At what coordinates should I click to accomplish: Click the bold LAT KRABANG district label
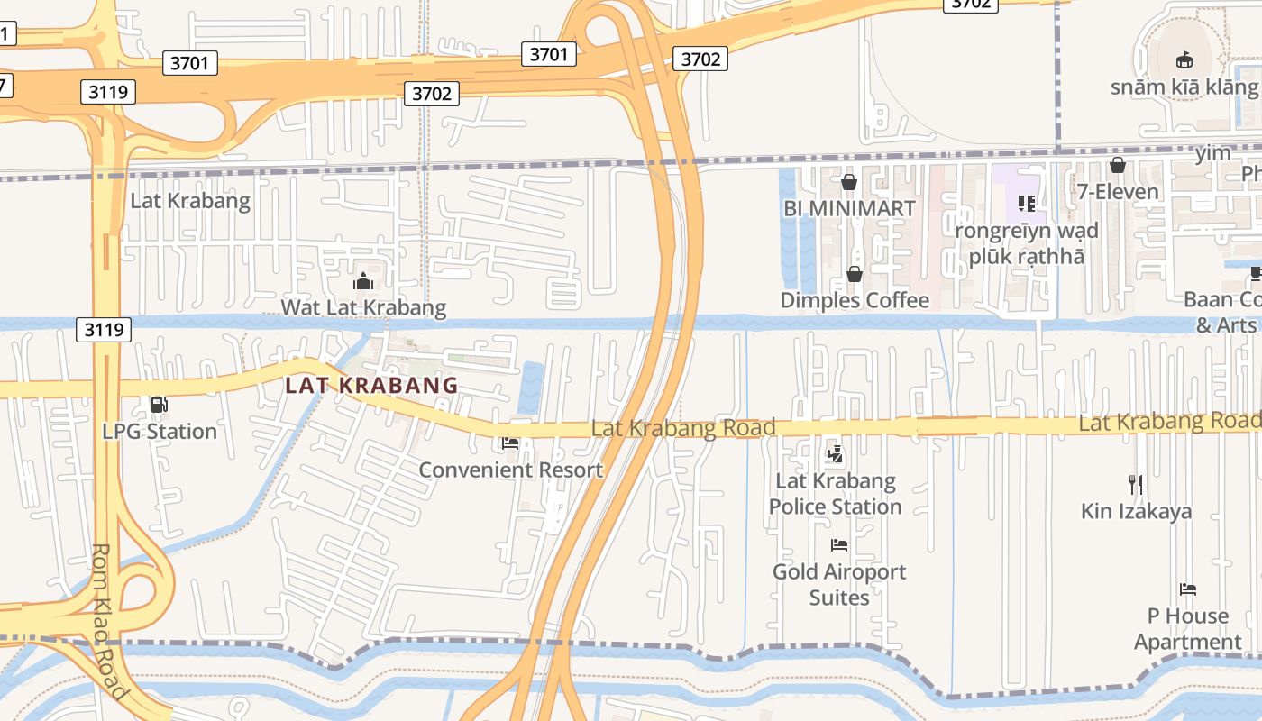pyautogui.click(x=371, y=385)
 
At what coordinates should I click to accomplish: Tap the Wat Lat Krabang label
pyautogui.click(x=363, y=307)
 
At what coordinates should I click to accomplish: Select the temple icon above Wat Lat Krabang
pyautogui.click(x=363, y=281)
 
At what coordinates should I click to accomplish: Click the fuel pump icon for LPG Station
pyautogui.click(x=160, y=405)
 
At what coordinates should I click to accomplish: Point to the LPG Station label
pyautogui.click(x=160, y=432)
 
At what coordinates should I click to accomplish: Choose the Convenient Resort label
pyautogui.click(x=510, y=470)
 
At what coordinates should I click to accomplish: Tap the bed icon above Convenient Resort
pyautogui.click(x=510, y=443)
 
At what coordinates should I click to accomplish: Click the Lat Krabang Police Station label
pyautogui.click(x=835, y=494)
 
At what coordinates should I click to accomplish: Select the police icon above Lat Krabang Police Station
pyautogui.click(x=836, y=454)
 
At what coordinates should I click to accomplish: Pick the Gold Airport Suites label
pyautogui.click(x=839, y=584)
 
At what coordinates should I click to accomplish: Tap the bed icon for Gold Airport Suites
pyautogui.click(x=839, y=544)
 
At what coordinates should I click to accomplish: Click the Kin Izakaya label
pyautogui.click(x=1136, y=511)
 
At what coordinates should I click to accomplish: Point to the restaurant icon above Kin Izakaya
pyautogui.click(x=1136, y=484)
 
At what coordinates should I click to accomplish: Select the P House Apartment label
pyautogui.click(x=1187, y=629)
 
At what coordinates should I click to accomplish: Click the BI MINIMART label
pyautogui.click(x=849, y=208)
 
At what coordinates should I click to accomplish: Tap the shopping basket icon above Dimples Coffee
pyautogui.click(x=854, y=273)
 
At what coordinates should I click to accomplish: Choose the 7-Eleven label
pyautogui.click(x=1118, y=192)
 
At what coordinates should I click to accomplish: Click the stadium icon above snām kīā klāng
pyautogui.click(x=1184, y=60)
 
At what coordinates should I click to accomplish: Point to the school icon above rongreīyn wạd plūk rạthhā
pyautogui.click(x=1027, y=204)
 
